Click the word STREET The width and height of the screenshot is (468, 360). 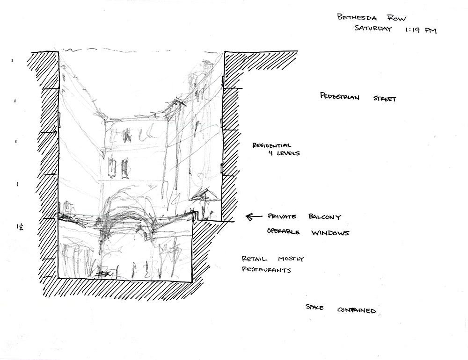click(x=385, y=99)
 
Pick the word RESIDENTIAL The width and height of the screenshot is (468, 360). click(x=272, y=145)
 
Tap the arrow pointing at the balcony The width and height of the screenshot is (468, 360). click(x=254, y=216)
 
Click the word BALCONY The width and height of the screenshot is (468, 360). click(x=325, y=218)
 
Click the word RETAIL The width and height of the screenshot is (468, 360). click(x=255, y=259)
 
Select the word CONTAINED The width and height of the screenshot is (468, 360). click(x=357, y=310)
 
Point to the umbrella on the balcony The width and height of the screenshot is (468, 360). click(x=204, y=196)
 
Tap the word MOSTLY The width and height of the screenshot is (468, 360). click(x=290, y=259)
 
